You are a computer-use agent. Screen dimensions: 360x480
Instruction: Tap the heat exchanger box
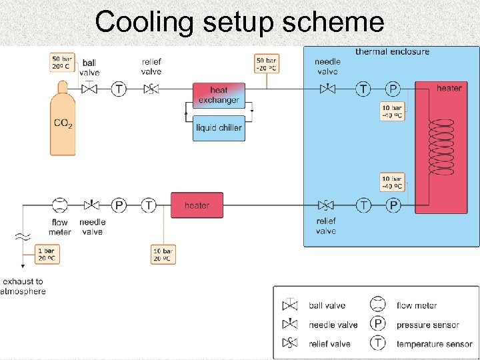tap(219, 95)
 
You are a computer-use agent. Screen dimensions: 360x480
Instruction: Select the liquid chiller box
tap(219, 127)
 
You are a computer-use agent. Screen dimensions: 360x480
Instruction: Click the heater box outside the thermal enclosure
tap(197, 205)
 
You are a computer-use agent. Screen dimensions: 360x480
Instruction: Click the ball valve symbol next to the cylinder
tap(89, 88)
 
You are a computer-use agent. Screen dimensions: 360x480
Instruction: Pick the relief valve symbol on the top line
tap(151, 89)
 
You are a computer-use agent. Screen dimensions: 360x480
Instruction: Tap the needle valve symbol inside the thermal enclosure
tap(327, 88)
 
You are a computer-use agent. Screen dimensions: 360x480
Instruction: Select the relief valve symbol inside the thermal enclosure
tap(326, 205)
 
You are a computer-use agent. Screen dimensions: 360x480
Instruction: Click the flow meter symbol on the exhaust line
tap(59, 205)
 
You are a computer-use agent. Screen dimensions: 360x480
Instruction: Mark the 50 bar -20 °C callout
tap(267, 63)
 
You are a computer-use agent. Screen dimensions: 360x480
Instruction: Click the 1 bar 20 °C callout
tap(47, 254)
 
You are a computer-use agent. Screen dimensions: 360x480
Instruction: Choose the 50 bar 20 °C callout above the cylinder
tap(63, 62)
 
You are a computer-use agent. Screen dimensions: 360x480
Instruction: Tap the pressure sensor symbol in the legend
tap(378, 324)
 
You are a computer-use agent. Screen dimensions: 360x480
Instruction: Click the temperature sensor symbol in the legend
tap(378, 343)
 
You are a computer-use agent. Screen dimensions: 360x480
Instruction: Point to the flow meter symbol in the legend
tap(378, 305)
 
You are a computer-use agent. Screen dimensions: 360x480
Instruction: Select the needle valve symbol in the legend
tap(291, 324)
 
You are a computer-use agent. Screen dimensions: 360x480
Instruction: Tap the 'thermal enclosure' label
tap(392, 51)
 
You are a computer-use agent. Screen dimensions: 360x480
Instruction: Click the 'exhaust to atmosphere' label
tap(24, 287)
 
